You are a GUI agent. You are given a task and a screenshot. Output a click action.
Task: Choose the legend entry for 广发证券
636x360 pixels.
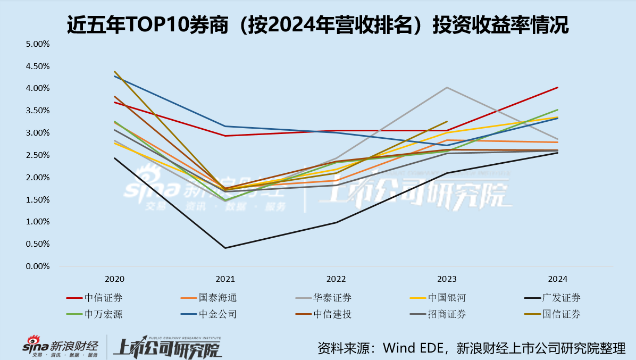tap(564, 298)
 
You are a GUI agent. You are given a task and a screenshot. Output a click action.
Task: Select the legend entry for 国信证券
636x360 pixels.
tap(564, 314)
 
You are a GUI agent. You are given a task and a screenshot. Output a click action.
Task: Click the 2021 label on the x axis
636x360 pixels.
tap(225, 279)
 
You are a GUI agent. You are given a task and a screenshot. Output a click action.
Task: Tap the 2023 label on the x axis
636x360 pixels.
tap(447, 279)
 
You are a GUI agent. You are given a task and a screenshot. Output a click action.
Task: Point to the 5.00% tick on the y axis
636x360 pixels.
tap(38, 44)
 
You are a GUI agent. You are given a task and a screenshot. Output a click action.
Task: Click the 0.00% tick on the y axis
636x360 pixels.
tap(38, 266)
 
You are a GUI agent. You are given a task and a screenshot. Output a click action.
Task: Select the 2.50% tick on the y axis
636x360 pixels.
tap(38, 155)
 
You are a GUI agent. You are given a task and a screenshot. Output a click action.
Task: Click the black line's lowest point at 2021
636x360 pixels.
tap(225, 248)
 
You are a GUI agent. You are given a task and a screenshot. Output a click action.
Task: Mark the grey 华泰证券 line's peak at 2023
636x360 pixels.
tap(447, 87)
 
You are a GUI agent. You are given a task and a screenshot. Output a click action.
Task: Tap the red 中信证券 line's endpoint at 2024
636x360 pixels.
tap(558, 87)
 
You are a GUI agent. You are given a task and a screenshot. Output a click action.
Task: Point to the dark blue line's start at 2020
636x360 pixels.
tap(115, 76)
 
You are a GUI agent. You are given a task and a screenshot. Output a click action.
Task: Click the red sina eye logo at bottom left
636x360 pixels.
tap(34, 341)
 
